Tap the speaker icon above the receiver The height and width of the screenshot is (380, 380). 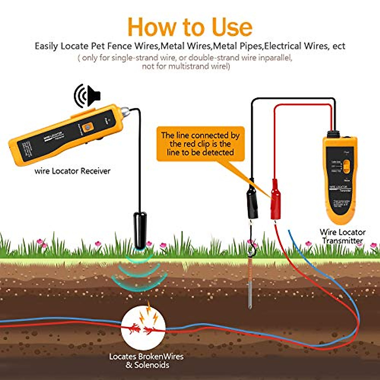coord(87,95)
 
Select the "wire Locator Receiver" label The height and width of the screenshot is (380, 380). coord(73,171)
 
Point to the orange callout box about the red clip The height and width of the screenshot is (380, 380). coord(200,144)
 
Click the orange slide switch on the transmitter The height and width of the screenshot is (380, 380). coord(347,166)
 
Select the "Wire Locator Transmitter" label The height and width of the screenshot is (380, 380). coord(342,237)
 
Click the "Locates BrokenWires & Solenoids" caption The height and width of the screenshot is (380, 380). coord(146,361)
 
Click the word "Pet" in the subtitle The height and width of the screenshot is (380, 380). coord(98,46)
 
